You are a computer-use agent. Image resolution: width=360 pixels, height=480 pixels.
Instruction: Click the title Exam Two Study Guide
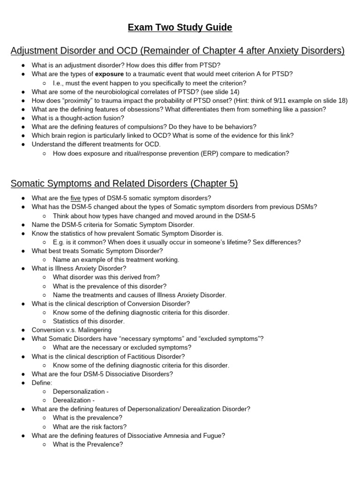click(x=180, y=28)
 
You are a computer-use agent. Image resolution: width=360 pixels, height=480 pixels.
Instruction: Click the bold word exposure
click(x=110, y=74)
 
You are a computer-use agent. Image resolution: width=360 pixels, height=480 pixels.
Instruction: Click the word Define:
click(x=42, y=383)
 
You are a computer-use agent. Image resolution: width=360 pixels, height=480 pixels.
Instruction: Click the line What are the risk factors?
click(x=90, y=427)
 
